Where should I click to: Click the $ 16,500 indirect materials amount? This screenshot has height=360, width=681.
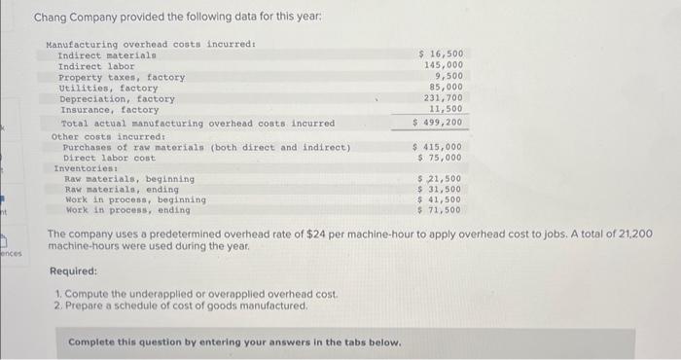[x=441, y=54]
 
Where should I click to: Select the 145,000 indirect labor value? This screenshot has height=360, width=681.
[x=444, y=64]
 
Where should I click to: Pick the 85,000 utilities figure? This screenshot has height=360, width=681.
[x=446, y=87]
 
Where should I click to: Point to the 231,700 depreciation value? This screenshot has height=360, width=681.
[x=444, y=98]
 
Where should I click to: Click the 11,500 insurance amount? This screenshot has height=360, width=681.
[x=446, y=109]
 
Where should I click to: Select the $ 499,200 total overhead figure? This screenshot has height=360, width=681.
[x=438, y=123]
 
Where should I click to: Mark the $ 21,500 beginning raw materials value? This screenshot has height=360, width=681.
[x=439, y=179]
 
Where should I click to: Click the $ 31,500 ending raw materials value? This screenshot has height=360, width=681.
[x=439, y=189]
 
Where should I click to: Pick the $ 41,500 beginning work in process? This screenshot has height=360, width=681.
[x=439, y=199]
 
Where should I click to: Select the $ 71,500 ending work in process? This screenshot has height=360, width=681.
[x=439, y=209]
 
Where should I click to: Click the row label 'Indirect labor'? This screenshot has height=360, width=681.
[x=90, y=66]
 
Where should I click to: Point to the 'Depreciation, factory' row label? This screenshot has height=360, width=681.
[x=117, y=98]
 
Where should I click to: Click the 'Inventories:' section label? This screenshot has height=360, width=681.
[x=84, y=168]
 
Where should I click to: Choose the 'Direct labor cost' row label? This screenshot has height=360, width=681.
[x=109, y=158]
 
